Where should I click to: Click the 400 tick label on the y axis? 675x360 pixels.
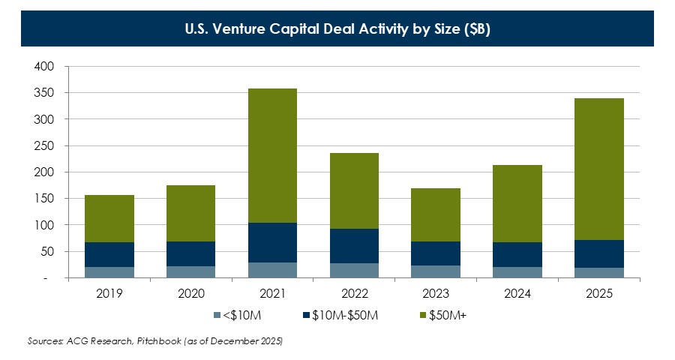tap(45, 67)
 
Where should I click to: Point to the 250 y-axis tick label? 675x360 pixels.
tap(45, 145)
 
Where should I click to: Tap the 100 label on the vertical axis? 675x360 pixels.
tap(45, 225)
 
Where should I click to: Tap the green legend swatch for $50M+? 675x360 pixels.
tap(421, 315)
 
